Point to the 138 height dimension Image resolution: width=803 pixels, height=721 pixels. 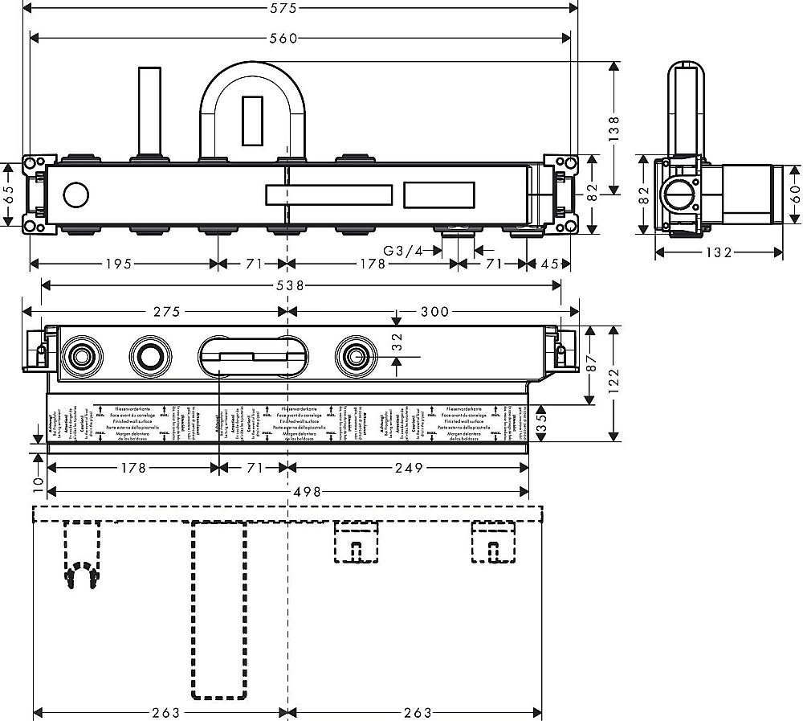coord(614,126)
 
